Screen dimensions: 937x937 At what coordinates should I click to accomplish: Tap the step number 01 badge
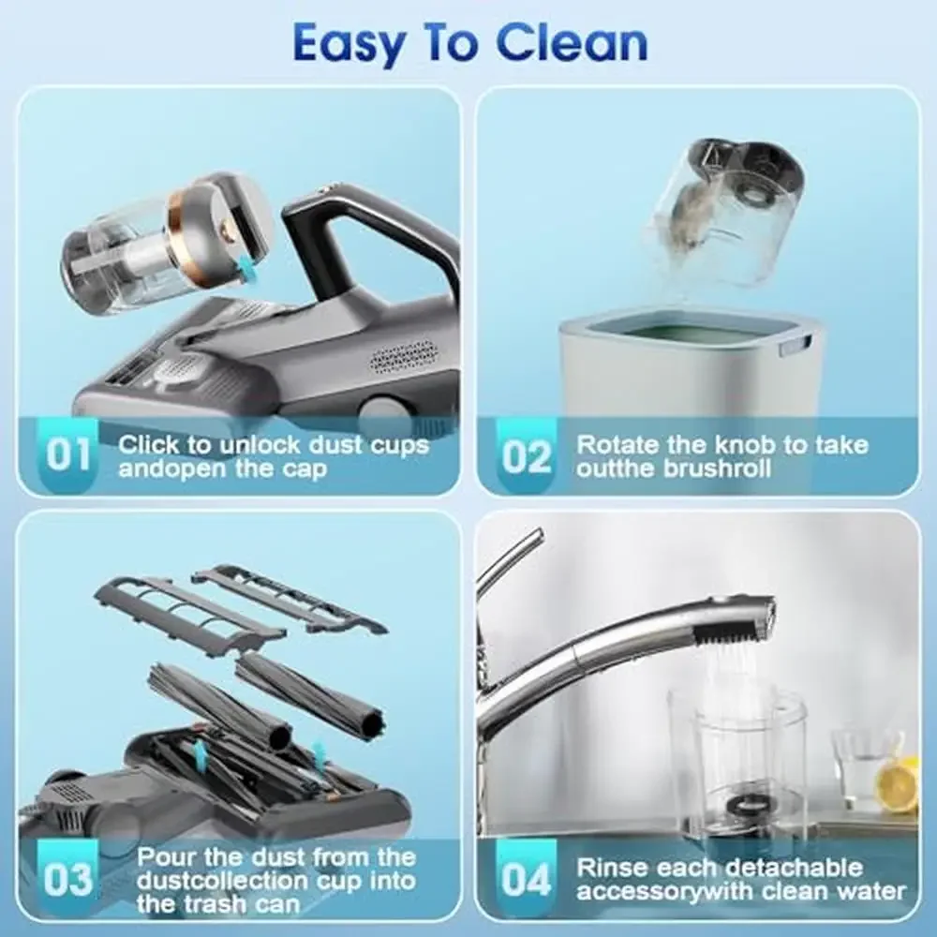68,455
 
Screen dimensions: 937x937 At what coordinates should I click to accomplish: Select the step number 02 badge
527,456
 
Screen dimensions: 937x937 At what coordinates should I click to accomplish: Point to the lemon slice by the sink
898,785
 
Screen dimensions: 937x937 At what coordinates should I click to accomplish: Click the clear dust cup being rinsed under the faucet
737,759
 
